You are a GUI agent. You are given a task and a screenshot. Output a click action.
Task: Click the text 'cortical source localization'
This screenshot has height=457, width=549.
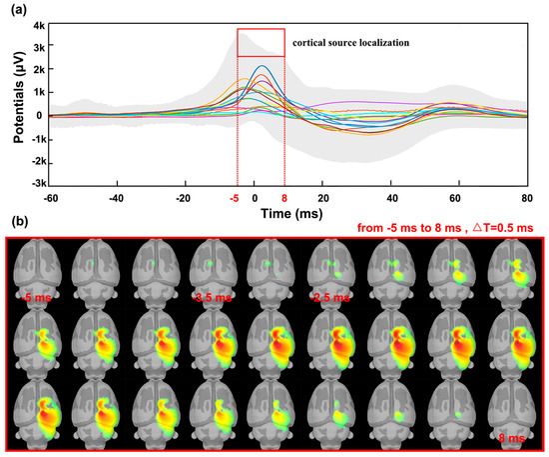(350, 44)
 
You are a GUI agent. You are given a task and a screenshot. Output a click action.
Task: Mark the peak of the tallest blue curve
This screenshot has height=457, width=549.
(262, 67)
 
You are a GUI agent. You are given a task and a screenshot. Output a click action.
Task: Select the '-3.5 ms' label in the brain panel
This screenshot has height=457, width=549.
(211, 297)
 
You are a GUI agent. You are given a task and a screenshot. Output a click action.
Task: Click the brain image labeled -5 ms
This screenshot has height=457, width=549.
(37, 270)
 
